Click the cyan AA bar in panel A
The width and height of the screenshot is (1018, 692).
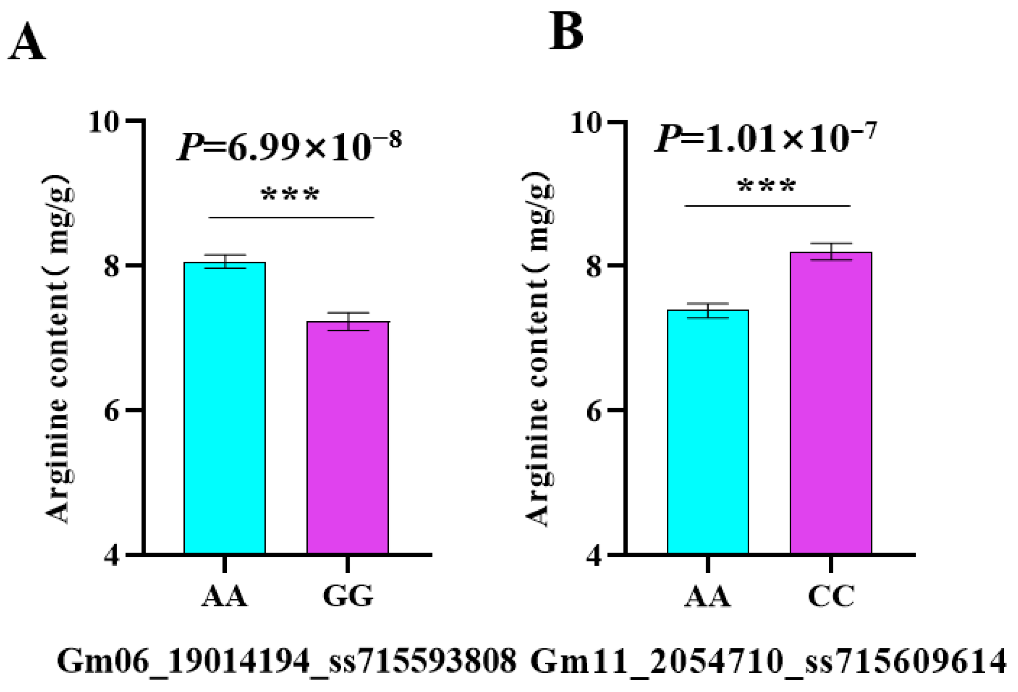[224, 407]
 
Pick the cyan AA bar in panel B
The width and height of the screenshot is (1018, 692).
[707, 431]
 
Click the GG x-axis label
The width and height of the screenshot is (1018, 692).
[348, 596]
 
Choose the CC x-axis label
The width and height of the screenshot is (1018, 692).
[831, 596]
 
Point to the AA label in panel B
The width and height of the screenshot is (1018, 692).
[707, 596]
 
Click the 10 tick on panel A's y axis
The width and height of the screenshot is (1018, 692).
[104, 122]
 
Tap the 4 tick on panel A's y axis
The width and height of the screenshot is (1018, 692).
[111, 556]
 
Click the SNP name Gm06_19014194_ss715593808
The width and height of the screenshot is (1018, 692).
[287, 662]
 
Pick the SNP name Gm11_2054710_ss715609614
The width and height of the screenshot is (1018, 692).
[768, 662]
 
